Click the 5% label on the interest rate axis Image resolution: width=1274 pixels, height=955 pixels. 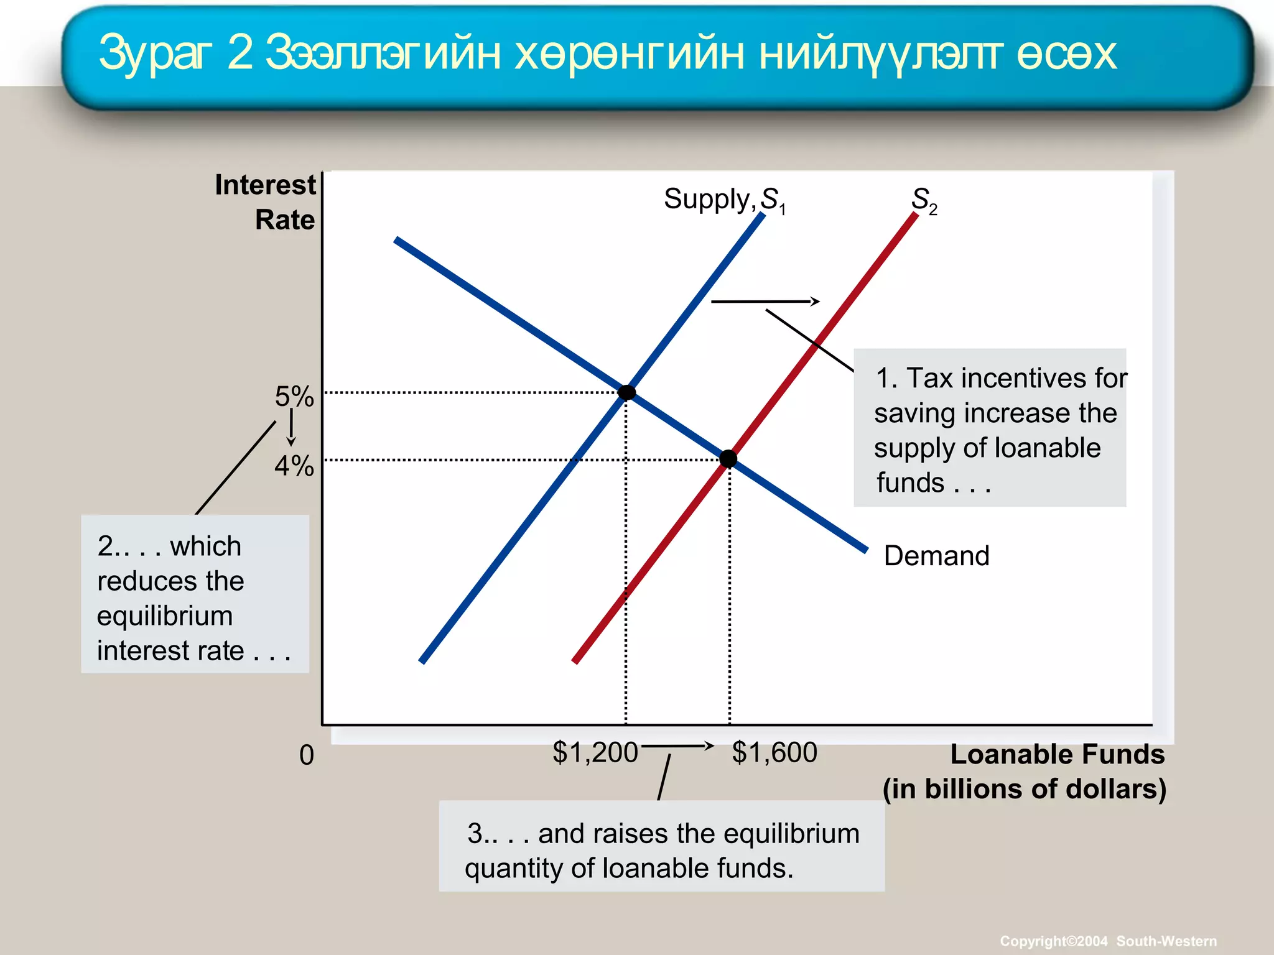point(294,396)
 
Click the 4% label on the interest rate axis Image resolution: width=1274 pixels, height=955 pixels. point(294,466)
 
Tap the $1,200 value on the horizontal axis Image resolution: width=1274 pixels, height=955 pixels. point(595,752)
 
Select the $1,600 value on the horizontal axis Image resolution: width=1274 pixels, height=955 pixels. point(774,752)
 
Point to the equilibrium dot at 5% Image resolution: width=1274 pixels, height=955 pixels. point(627,392)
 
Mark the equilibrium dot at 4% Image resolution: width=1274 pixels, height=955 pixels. point(728,459)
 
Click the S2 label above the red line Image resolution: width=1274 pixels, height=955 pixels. point(924,200)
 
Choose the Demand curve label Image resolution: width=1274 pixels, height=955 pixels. point(936,555)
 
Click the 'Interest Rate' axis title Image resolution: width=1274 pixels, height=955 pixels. point(266,202)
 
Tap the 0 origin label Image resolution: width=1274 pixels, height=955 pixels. point(307,755)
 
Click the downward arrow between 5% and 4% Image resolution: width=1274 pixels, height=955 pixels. point(291,429)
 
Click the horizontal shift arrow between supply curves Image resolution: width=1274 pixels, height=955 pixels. point(765,302)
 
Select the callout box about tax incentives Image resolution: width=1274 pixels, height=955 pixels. point(990,428)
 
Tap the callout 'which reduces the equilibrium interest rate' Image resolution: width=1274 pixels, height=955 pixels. point(195,594)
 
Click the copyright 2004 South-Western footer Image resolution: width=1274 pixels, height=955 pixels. point(1108,941)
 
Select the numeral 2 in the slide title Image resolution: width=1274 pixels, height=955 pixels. point(240,53)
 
